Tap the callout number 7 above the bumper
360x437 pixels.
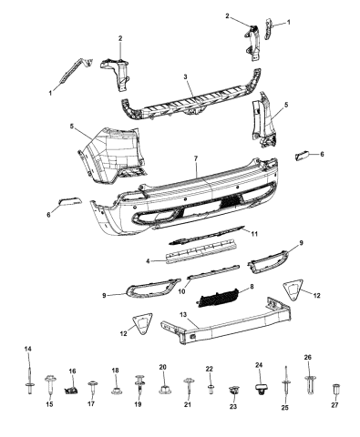click(x=195, y=158)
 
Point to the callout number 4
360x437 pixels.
click(x=148, y=261)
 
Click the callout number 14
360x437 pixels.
click(x=26, y=350)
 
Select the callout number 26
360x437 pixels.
click(x=307, y=357)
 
